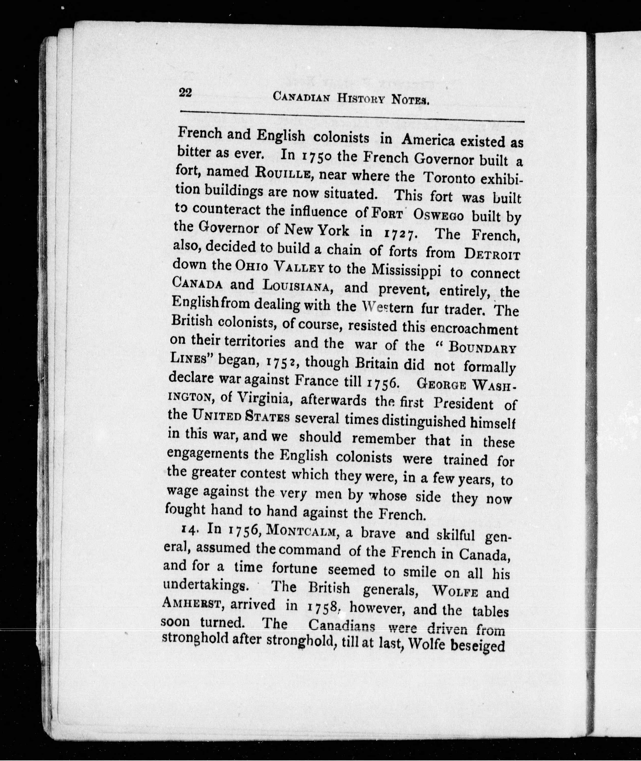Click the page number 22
point(185,93)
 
